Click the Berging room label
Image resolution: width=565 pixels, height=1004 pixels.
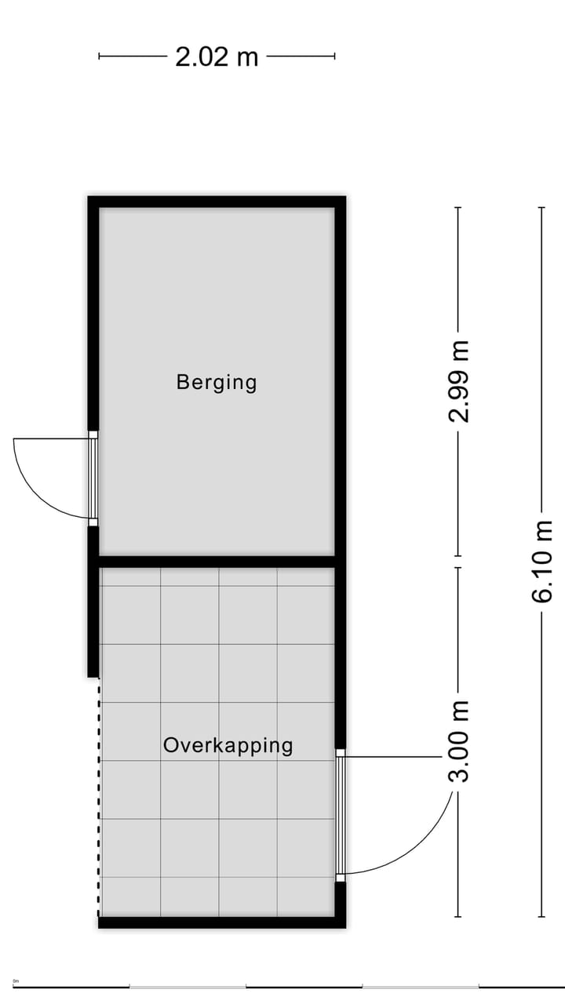coord(217,383)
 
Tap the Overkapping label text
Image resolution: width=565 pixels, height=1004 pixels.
coord(228,745)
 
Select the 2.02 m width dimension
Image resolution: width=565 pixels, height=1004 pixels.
coord(217,57)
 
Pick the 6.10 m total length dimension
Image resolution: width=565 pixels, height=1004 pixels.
coord(542,562)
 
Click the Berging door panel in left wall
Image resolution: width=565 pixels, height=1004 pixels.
coord(93,478)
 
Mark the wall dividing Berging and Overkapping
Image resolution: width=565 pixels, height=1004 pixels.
coord(217,562)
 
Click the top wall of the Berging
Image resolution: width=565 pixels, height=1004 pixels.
coord(217,202)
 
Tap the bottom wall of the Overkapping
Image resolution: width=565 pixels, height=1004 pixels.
coord(221,922)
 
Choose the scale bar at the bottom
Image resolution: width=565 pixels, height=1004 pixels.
coord(282,987)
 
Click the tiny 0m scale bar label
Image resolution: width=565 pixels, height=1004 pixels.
coord(16,980)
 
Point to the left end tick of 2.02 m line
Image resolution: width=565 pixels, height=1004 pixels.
coord(99,56)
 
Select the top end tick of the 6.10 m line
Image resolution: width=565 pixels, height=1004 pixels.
coord(541,207)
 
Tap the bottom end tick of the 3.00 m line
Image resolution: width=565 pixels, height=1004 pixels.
coord(457,916)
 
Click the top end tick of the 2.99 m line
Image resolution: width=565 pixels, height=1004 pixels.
coord(457,207)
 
